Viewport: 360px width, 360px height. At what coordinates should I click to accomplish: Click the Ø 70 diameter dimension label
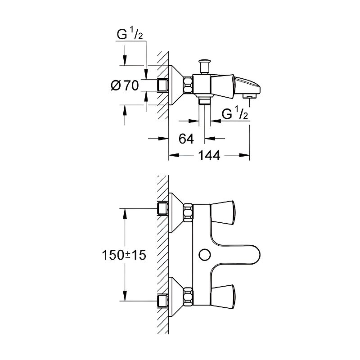pos(124,85)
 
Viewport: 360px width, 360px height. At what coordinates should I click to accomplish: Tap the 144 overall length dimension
pos(210,156)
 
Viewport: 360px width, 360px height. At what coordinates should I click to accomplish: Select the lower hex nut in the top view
pos(188,297)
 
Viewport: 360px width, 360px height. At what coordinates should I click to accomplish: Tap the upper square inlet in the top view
pos(163,208)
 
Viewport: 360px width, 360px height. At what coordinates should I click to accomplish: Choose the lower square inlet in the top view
pos(163,300)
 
